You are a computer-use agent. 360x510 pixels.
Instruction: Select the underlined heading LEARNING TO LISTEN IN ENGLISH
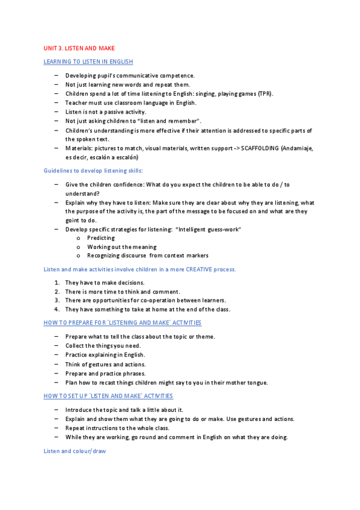click(x=88, y=62)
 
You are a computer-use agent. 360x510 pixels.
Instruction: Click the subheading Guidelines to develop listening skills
click(x=93, y=171)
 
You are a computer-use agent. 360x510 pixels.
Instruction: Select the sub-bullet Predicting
click(x=101, y=238)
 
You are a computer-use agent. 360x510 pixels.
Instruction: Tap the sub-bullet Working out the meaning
click(x=121, y=247)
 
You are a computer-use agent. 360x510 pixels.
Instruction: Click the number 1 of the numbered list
click(x=56, y=283)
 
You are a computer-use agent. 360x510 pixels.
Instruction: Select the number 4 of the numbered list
click(x=56, y=309)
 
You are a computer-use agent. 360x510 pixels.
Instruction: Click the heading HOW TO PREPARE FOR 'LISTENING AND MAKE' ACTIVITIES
click(x=123, y=323)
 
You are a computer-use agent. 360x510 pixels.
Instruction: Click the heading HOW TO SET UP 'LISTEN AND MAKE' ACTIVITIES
click(x=108, y=396)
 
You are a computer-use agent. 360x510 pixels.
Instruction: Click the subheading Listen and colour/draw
click(x=75, y=450)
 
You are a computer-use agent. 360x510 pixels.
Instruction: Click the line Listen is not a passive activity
click(x=106, y=112)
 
